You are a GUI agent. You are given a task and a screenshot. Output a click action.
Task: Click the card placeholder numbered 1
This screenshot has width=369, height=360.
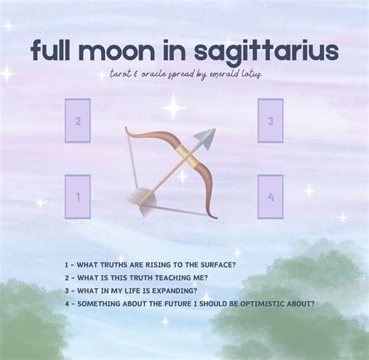pyautogui.click(x=78, y=196)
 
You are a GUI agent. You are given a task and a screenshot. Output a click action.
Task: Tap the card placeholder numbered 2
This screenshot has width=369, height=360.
pyautogui.click(x=78, y=121)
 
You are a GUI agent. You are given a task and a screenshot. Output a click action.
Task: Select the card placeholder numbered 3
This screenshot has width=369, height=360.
pyautogui.click(x=270, y=121)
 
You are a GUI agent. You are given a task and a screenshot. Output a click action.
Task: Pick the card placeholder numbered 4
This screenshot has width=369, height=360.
pyautogui.click(x=270, y=196)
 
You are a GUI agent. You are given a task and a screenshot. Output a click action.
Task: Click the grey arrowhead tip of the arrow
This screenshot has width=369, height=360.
pyautogui.click(x=216, y=129)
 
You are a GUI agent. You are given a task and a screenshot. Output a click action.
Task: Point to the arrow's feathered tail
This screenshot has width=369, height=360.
pyautogui.click(x=142, y=201)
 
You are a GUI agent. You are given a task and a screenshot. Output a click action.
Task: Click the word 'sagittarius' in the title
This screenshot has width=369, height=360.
pyautogui.click(x=266, y=51)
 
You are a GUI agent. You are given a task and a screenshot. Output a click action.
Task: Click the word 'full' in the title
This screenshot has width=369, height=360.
pyautogui.click(x=50, y=50)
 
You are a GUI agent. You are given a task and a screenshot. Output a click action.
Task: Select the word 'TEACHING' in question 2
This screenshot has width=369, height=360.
pyautogui.click(x=173, y=278)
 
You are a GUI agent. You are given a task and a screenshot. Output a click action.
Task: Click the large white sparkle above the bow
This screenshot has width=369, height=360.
pyautogui.click(x=174, y=108)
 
